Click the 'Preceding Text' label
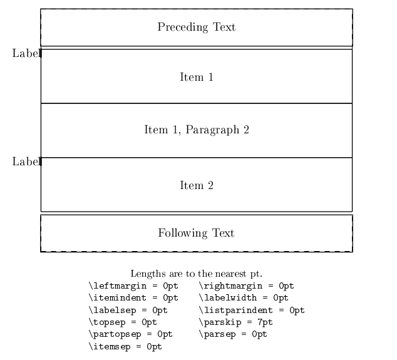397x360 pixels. [197, 27]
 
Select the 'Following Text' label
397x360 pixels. [196, 233]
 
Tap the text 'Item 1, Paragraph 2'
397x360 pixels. [197, 130]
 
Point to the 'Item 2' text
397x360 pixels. [197, 185]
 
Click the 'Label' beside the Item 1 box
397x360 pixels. [26, 53]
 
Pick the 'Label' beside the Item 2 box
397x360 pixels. [26, 162]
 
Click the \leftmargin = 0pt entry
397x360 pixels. [133, 286]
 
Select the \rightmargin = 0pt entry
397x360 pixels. [246, 286]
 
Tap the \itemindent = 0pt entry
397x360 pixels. [133, 298]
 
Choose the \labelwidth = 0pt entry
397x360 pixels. [244, 298]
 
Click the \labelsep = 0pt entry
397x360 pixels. [128, 310]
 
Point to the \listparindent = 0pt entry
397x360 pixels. [252, 310]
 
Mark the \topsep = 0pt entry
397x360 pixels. [123, 322]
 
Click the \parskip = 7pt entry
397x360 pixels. [235, 322]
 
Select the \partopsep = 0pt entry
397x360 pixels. [131, 334]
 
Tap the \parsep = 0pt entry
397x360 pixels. [233, 334]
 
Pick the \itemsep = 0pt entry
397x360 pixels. [125, 346]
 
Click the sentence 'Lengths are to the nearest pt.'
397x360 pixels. [197, 274]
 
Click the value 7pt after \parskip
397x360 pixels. [265, 322]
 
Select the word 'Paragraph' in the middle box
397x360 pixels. [212, 130]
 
